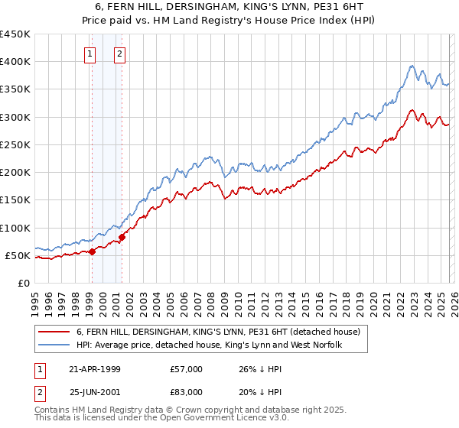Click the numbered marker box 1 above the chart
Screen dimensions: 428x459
point(91,53)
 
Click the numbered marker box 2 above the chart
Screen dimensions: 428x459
point(121,53)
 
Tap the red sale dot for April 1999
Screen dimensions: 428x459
point(92,251)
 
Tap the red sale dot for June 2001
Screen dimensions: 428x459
point(122,236)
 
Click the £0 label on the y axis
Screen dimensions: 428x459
point(23,283)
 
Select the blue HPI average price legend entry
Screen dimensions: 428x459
point(207,345)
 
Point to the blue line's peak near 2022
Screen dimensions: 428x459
point(412,66)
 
